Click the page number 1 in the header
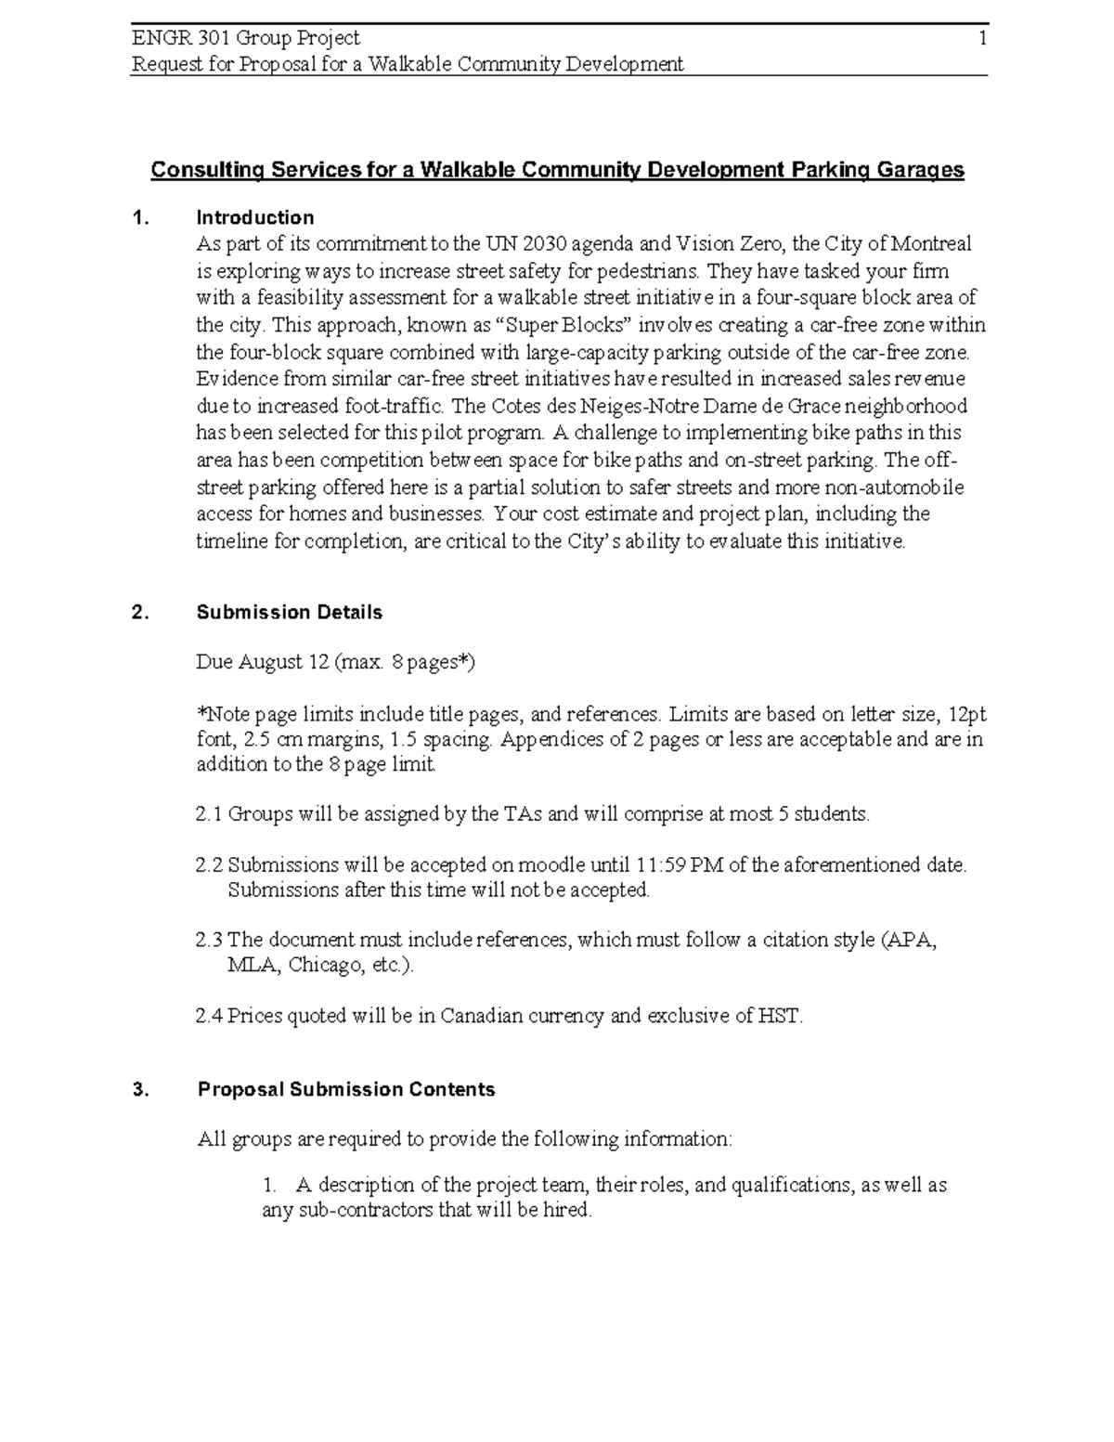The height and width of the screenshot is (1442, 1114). (981, 38)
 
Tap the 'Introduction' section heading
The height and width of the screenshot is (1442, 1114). (254, 218)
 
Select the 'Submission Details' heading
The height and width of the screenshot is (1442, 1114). (290, 613)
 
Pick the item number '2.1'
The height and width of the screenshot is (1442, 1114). (209, 814)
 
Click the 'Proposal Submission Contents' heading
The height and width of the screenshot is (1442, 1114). (346, 1090)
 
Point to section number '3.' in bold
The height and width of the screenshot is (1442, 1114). (140, 1090)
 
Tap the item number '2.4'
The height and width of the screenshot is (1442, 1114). (209, 1016)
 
